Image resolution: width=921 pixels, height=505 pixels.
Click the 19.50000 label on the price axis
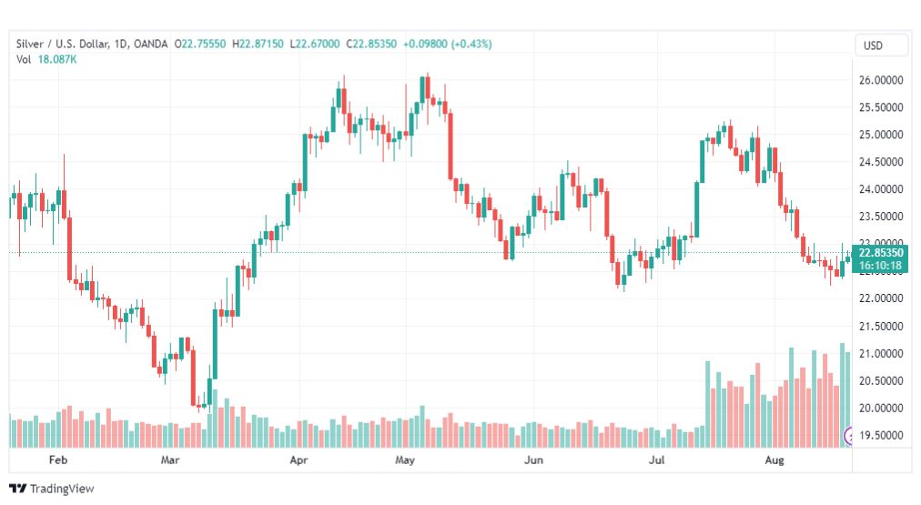[883, 435]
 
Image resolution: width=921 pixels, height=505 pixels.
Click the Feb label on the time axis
[58, 460]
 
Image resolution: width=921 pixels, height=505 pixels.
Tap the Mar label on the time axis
[170, 460]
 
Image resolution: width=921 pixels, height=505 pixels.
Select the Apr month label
[299, 460]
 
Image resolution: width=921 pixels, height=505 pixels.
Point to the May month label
[405, 460]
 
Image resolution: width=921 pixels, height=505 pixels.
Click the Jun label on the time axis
[533, 460]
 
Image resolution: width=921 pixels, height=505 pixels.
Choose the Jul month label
[655, 460]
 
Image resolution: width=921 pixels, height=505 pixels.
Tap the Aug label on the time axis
[774, 460]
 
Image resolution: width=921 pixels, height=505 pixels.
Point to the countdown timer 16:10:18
[879, 266]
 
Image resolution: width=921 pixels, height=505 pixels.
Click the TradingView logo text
[62, 489]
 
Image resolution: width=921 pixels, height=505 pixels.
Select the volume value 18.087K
[56, 59]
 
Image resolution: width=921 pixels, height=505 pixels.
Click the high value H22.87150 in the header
[258, 44]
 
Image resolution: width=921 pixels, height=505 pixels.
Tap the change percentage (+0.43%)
[471, 44]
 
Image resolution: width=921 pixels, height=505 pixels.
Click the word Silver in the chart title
[31, 44]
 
